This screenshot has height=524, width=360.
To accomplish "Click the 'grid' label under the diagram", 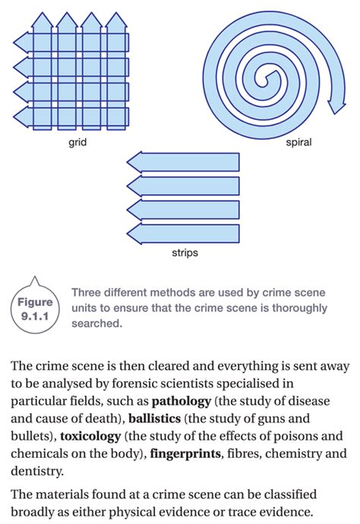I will click(76, 140).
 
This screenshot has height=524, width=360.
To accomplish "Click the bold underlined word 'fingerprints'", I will click(186, 455).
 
